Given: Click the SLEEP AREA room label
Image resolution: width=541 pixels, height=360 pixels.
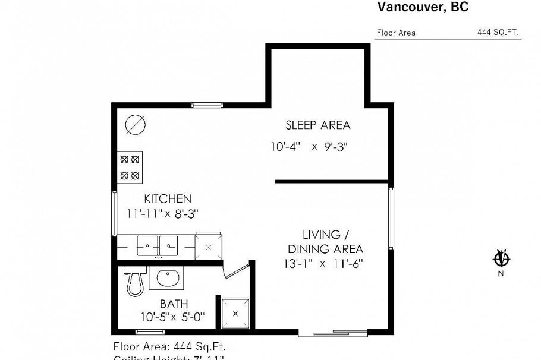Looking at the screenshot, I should pyautogui.click(x=317, y=125).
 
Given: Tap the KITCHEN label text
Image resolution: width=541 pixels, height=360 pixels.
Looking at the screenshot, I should pyautogui.click(x=167, y=198).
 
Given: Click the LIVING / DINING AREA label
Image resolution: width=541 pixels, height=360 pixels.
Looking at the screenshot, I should pyautogui.click(x=325, y=242).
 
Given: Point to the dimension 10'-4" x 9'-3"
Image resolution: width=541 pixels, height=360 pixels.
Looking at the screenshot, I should pyautogui.click(x=309, y=146).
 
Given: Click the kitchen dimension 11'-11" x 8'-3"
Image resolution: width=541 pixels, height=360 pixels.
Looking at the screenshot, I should pyautogui.click(x=162, y=213).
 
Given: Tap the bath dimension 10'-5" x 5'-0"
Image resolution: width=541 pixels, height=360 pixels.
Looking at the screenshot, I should pyautogui.click(x=172, y=317).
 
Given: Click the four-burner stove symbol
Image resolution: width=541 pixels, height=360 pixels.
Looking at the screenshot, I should pyautogui.click(x=130, y=167).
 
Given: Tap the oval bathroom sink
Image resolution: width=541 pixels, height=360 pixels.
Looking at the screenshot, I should pyautogui.click(x=169, y=277).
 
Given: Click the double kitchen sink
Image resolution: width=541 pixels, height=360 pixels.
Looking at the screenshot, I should pyautogui.click(x=158, y=244).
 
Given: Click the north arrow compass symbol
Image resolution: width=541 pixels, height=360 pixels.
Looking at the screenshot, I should pyautogui.click(x=501, y=259).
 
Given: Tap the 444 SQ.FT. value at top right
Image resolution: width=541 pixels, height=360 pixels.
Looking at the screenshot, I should pyautogui.click(x=498, y=33).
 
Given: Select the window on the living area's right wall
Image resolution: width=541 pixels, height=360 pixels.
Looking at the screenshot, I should pyautogui.click(x=391, y=219).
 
